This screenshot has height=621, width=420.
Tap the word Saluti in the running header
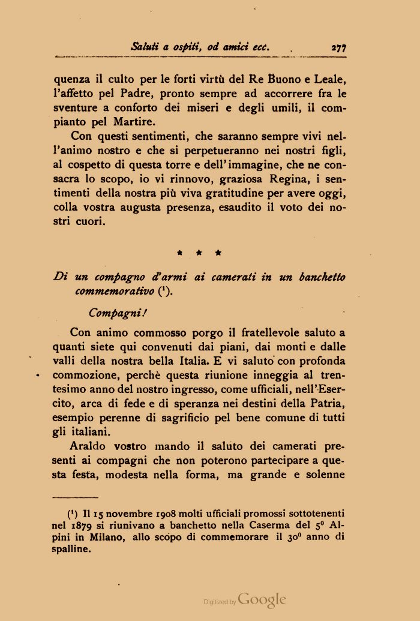click(145, 46)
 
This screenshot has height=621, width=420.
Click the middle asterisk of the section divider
click(199, 253)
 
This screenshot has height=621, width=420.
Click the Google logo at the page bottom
click(262, 599)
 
